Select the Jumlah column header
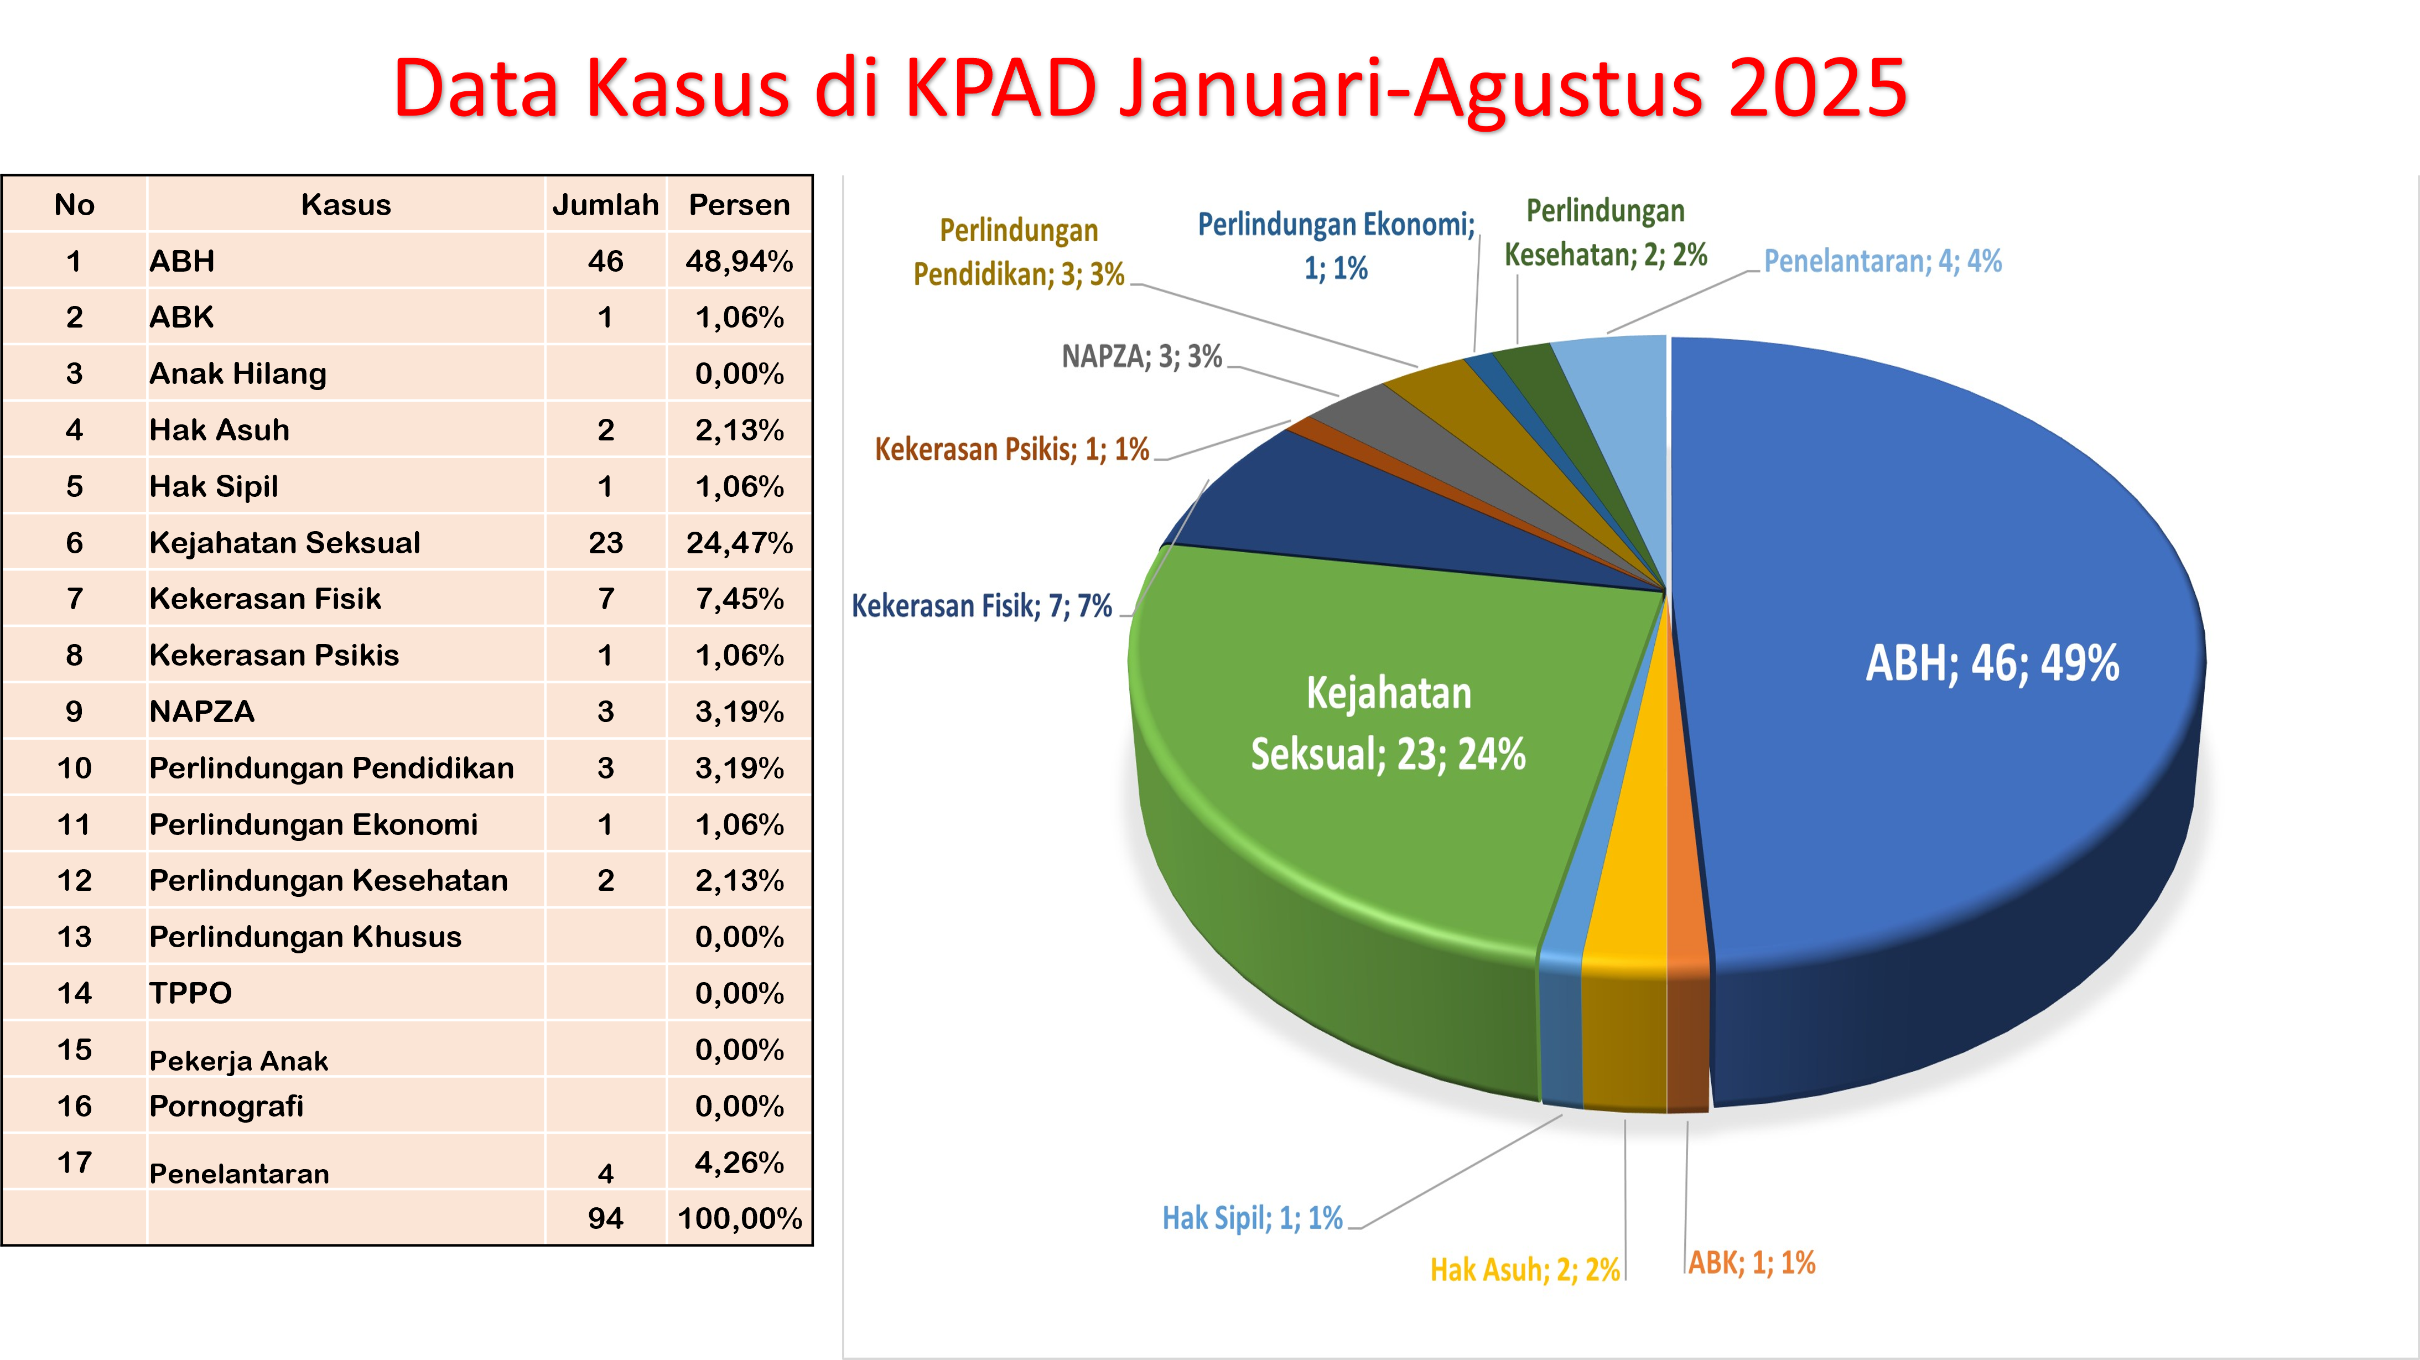[x=605, y=205]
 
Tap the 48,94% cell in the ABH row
[x=739, y=261]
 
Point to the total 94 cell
[x=606, y=1218]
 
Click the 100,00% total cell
[x=739, y=1218]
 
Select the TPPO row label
[x=191, y=993]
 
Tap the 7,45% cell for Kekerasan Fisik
[x=739, y=598]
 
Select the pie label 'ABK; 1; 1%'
[x=1752, y=1262]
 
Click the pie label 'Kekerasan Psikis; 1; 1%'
[x=1012, y=449]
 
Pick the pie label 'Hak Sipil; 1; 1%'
[x=1252, y=1218]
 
